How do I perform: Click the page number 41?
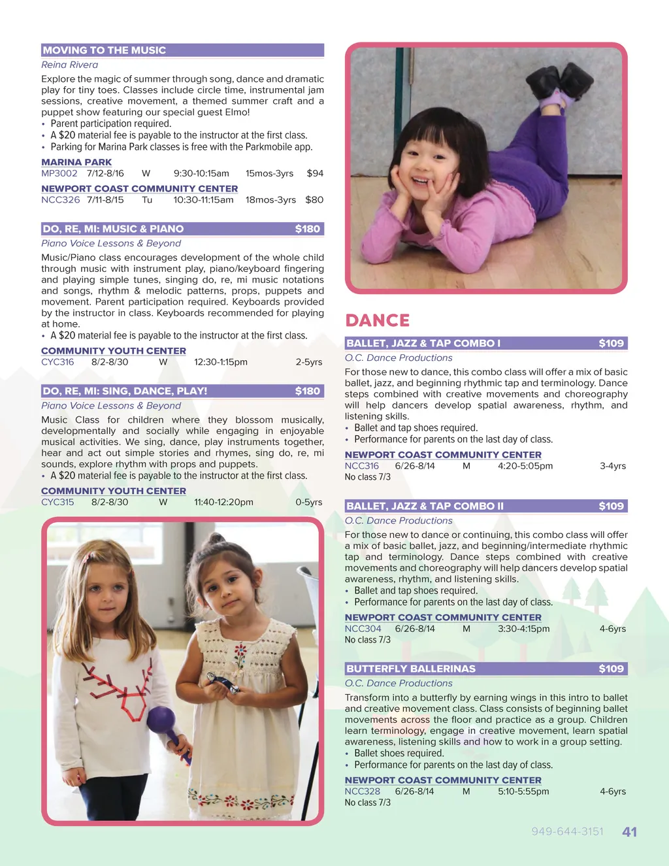(629, 832)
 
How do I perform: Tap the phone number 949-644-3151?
(567, 831)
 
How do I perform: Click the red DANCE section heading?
(378, 320)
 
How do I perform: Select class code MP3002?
(59, 173)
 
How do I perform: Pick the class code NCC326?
(61, 200)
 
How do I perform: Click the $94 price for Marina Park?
(315, 173)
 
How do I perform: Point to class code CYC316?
(57, 362)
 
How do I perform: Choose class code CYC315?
(57, 502)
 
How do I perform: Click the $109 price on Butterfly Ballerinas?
(611, 669)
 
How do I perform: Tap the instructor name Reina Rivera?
(70, 65)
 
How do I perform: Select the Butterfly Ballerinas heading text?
(411, 669)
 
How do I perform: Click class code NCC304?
(363, 629)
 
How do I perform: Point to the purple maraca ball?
(161, 720)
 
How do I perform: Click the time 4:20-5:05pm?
(525, 466)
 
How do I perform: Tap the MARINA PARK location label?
(76, 162)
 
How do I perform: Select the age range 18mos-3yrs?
(270, 200)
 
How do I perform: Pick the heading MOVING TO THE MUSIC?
(105, 50)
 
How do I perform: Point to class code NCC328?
(363, 791)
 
